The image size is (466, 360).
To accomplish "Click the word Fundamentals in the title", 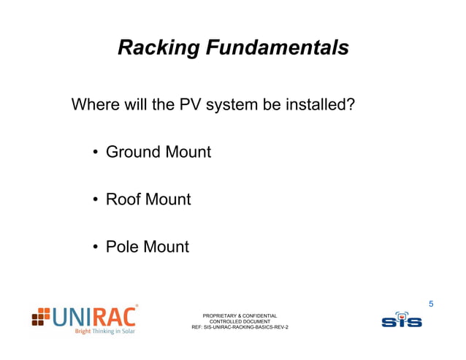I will tap(276, 48).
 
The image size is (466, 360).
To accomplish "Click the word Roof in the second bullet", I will tap(123, 199).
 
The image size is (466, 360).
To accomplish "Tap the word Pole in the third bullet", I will tap(123, 246).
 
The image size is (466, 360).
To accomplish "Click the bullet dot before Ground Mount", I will tap(95, 153).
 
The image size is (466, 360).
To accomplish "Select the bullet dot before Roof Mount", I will tap(95, 199).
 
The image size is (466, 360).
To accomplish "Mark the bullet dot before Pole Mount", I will tap(95, 247).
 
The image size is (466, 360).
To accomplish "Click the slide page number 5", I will tap(431, 303).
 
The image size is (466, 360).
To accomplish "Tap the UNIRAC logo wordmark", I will tap(95, 317).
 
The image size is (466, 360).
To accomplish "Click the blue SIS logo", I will tap(401, 319).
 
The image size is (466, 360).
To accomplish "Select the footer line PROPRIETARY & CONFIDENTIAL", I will tap(239, 315).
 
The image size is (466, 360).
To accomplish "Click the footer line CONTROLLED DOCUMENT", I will tap(240, 321).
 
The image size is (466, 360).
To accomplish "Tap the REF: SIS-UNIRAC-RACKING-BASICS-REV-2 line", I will tap(240, 327).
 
